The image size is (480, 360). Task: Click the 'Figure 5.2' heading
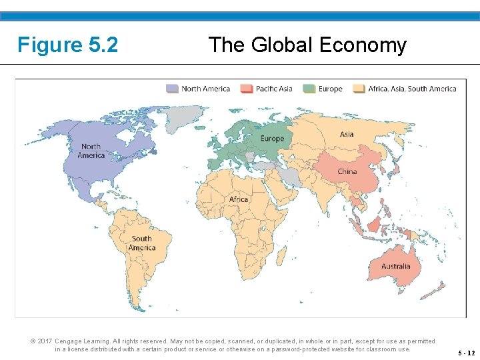(68, 45)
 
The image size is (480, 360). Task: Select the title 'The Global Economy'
(307, 45)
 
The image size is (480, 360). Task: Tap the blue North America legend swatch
(173, 89)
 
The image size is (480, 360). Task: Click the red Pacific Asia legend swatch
(247, 89)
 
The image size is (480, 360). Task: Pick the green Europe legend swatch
(309, 89)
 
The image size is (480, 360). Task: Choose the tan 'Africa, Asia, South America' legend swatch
(359, 89)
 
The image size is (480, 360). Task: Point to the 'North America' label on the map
(91, 151)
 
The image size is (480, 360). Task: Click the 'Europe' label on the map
(272, 139)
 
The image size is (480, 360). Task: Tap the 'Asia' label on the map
(347, 134)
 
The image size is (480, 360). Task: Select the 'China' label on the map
(347, 171)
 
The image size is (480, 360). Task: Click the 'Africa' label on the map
(238, 199)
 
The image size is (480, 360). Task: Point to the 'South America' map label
(141, 243)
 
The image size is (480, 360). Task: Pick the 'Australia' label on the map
(396, 267)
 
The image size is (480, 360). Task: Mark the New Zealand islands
(439, 289)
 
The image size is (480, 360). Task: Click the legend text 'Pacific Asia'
(275, 89)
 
